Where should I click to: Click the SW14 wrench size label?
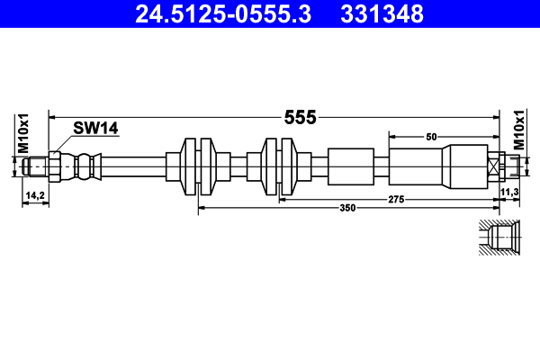[x=96, y=130]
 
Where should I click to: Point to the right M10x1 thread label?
[x=518, y=132]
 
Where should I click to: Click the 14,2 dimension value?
[x=35, y=194]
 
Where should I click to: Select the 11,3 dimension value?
[x=509, y=193]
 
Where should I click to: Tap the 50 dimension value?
[x=431, y=136]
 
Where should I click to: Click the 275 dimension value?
[x=395, y=198]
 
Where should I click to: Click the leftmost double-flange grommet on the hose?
[x=198, y=166]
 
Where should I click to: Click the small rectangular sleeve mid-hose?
[x=350, y=166]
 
